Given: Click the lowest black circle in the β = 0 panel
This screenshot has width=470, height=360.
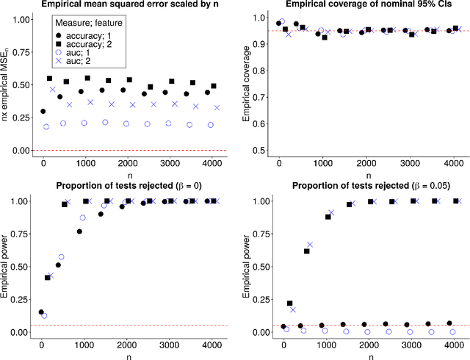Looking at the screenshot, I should [42, 312].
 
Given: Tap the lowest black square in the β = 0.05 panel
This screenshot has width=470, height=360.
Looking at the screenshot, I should [289, 303].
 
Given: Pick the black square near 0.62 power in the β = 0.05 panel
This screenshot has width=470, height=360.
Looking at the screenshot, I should [306, 251].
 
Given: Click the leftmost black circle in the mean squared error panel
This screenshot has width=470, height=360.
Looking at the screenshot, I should [43, 112].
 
